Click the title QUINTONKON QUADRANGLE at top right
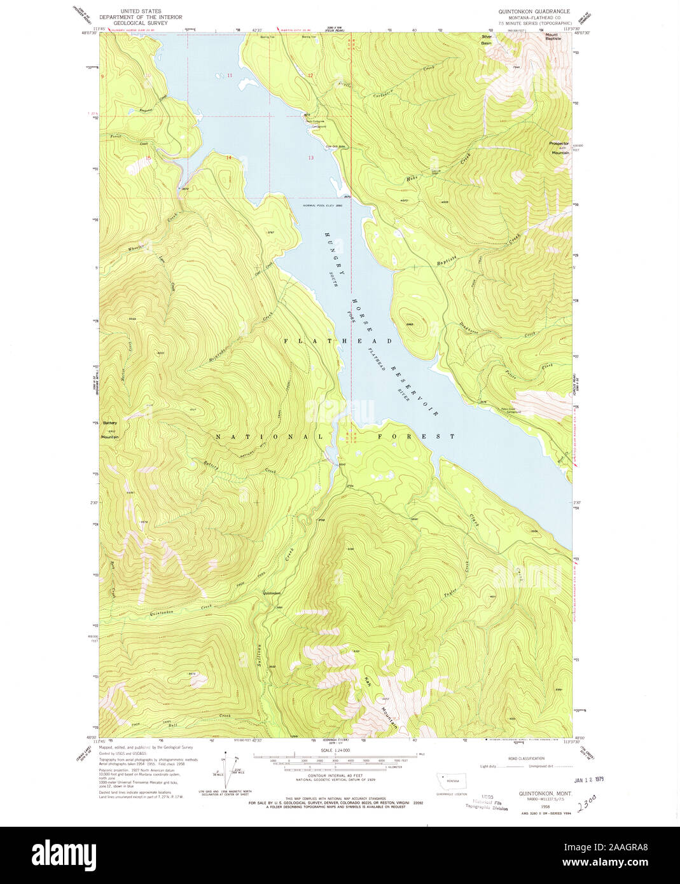coord(534,11)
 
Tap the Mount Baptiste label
coord(553,36)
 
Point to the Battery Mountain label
coord(110,430)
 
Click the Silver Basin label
coord(487,39)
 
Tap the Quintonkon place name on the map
coord(272,593)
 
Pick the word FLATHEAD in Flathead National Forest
coord(337,342)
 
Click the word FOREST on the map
coord(416,437)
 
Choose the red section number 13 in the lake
coord(310,157)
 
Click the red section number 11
coord(230,76)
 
